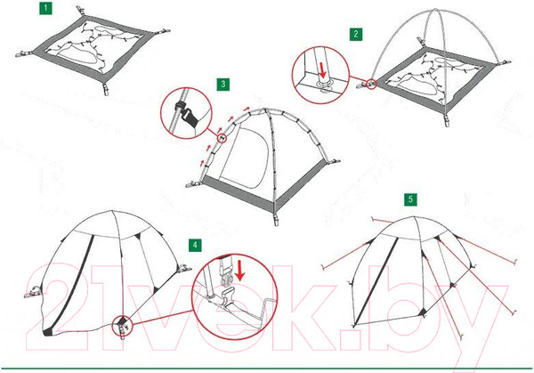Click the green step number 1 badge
(45, 8)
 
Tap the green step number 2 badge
(356, 34)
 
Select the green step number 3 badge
(223, 85)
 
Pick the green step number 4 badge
(195, 245)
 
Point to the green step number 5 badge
(410, 199)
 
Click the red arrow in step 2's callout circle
(322, 69)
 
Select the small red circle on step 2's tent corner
(372, 84)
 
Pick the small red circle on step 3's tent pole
(222, 138)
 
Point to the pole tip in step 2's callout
(324, 83)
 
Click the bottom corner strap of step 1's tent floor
(106, 88)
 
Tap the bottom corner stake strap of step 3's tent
(276, 218)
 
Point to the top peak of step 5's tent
(415, 217)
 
